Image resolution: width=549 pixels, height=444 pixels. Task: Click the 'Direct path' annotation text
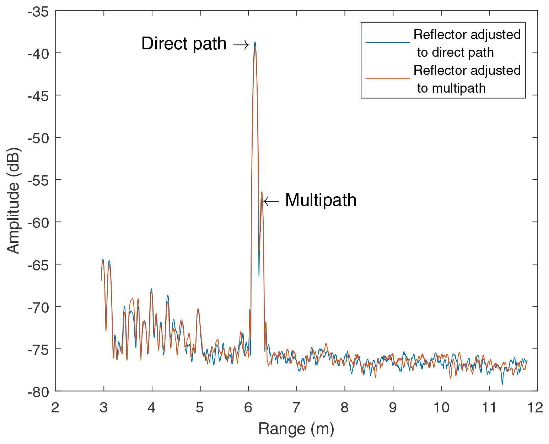point(184,44)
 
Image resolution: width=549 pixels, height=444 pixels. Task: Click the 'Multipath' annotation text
point(321,200)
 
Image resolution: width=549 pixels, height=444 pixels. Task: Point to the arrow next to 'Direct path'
point(241,44)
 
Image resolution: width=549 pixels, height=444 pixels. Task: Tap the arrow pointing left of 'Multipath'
point(271,201)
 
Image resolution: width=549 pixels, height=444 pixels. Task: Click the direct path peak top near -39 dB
point(255,43)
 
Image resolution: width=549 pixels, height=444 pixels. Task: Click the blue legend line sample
point(387,43)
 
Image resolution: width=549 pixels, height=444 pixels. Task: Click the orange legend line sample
point(387,78)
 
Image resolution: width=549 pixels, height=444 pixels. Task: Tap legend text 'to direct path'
point(455,53)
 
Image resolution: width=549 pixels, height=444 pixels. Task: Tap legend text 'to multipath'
point(451,88)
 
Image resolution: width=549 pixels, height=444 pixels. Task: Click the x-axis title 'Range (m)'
point(296,429)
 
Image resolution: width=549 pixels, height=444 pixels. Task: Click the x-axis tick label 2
point(55,408)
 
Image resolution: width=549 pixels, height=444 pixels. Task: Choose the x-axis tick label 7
point(296,408)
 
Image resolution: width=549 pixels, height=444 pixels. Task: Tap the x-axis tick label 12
point(535,408)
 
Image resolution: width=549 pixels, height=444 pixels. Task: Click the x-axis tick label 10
point(441,408)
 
